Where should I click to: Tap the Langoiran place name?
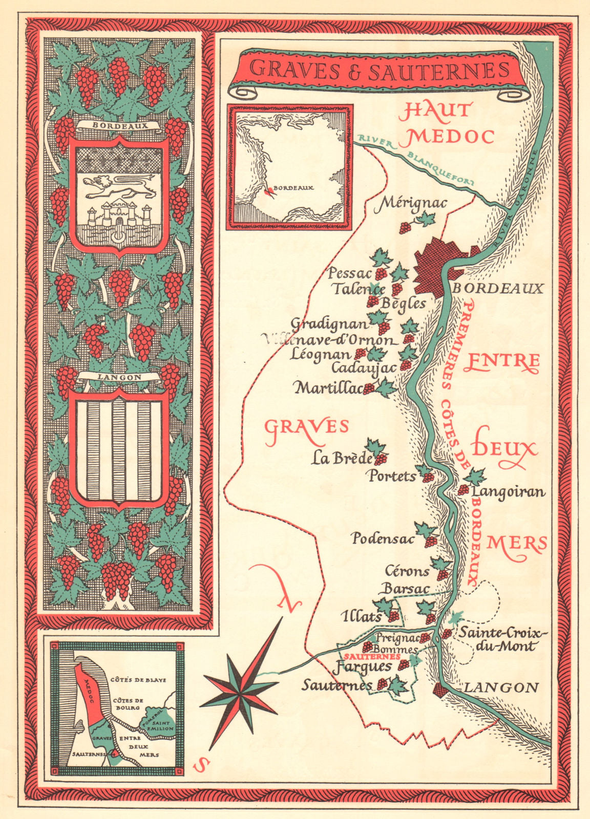click(509, 492)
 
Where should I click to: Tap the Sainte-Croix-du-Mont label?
click(503, 639)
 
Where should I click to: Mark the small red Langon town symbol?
click(440, 689)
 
